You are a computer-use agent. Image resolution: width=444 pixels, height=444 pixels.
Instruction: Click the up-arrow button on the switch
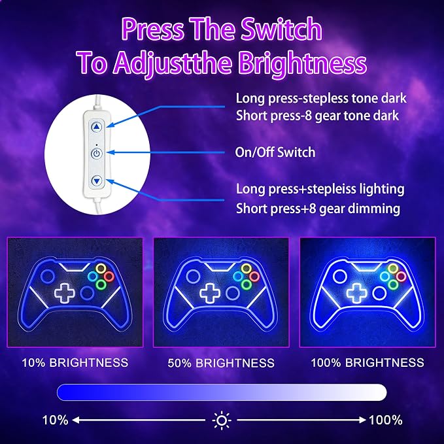click(97, 127)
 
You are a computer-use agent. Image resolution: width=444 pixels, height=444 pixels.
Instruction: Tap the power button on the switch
click(97, 154)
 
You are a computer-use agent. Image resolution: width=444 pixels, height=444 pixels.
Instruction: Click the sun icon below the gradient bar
click(222, 420)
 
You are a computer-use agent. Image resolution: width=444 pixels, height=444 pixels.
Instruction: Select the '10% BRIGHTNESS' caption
click(75, 363)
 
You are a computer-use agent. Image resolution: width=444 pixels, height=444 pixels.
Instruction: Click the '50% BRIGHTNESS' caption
click(221, 363)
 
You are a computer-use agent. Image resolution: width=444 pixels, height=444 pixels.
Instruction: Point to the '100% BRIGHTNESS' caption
click(367, 363)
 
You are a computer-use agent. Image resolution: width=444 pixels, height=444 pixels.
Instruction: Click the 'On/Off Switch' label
click(275, 152)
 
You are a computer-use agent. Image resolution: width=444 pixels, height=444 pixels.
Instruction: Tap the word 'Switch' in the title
click(281, 29)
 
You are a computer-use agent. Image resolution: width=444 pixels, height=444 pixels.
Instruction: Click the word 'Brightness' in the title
click(302, 63)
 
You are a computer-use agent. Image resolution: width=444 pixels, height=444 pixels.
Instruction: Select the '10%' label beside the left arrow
click(55, 420)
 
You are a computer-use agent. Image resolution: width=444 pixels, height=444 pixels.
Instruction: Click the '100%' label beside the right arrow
click(386, 420)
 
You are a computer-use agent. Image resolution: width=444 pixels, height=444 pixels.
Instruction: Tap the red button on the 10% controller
click(109, 276)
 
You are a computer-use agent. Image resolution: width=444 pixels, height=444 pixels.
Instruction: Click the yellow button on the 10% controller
click(101, 268)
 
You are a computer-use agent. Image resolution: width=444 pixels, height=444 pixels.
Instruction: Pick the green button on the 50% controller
click(246, 284)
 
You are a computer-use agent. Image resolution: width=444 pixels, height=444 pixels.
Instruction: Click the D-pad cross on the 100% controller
click(356, 293)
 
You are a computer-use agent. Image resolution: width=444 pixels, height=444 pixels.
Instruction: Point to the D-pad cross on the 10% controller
click(65, 293)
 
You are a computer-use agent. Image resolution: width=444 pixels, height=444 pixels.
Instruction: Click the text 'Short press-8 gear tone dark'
click(317, 116)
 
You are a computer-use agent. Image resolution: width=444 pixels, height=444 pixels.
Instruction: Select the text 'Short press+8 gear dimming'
click(318, 209)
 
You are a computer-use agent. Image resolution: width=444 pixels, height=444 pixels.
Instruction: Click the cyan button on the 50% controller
click(238, 276)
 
